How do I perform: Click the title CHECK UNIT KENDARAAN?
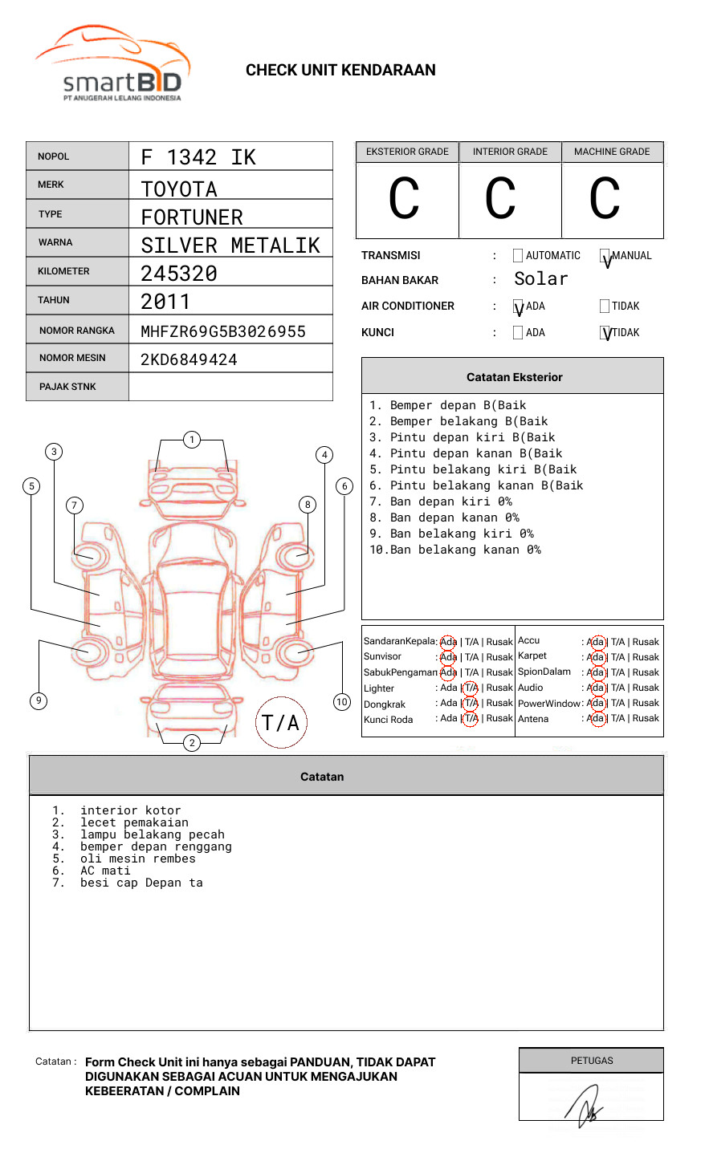pyautogui.click(x=340, y=71)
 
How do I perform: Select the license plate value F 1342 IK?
pyautogui.click(x=198, y=157)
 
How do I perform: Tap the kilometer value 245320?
pyautogui.click(x=179, y=274)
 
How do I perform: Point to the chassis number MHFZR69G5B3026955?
pyautogui.click(x=223, y=331)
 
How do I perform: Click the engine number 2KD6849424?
pyautogui.click(x=189, y=359)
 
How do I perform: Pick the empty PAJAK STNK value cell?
pyautogui.click(x=230, y=387)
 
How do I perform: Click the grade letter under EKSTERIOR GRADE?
pyautogui.click(x=405, y=199)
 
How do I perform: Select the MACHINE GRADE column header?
pyautogui.click(x=612, y=152)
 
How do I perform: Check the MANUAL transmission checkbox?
pyautogui.click(x=605, y=256)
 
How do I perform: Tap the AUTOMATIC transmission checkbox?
pyautogui.click(x=518, y=256)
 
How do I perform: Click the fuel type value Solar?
pyautogui.click(x=541, y=279)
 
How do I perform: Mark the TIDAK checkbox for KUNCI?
pyautogui.click(x=605, y=333)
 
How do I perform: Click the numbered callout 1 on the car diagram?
pyautogui.click(x=191, y=440)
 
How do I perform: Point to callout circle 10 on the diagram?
pyautogui.click(x=342, y=702)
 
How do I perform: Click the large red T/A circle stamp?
pyautogui.click(x=281, y=722)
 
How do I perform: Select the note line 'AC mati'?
pyautogui.click(x=105, y=871)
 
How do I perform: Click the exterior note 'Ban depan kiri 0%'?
pyautogui.click(x=450, y=501)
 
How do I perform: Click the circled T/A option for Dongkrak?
pyautogui.click(x=471, y=704)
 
